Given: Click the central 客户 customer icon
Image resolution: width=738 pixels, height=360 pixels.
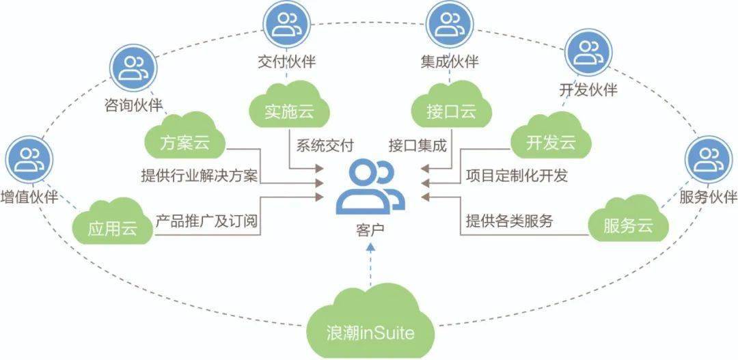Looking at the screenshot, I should (x=370, y=186).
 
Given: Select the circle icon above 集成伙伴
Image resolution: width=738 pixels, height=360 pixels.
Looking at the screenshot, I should (x=450, y=24).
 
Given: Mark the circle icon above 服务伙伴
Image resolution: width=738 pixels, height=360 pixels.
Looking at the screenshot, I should (x=709, y=158).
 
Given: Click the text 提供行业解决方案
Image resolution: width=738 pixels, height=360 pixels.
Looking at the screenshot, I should (x=199, y=176).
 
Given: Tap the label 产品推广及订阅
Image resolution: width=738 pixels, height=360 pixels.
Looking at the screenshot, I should (x=207, y=222).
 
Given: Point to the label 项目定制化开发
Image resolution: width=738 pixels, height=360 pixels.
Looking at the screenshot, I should (x=517, y=176).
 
